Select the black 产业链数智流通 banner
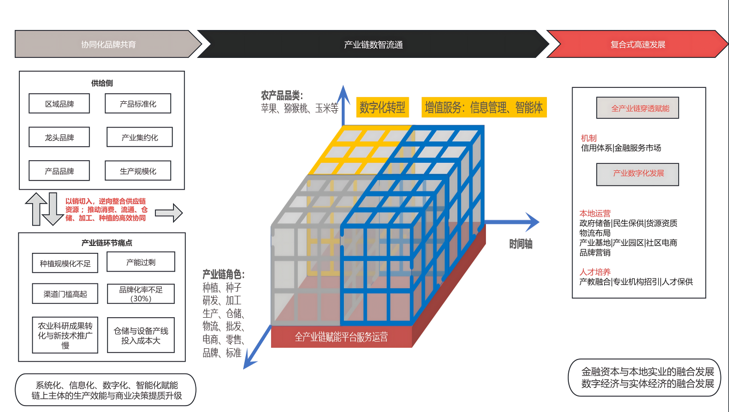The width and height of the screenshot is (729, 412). tap(373, 44)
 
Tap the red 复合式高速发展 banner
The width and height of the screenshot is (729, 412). tap(637, 44)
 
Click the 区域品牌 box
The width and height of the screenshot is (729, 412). tap(59, 104)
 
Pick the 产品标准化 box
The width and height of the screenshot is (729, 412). tap(138, 104)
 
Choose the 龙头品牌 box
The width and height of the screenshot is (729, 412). tap(59, 138)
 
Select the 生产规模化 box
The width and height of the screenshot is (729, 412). tap(138, 171)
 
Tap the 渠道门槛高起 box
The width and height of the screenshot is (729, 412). tap(65, 294)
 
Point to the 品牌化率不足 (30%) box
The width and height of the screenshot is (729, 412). tap(141, 294)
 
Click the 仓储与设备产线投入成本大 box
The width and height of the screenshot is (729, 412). tap(141, 336)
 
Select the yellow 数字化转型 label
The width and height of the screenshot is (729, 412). tap(382, 107)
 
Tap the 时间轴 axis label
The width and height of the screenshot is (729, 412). tap(521, 244)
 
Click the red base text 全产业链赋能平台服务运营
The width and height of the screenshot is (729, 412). tap(341, 337)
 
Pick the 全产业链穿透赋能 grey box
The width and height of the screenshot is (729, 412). tap(637, 108)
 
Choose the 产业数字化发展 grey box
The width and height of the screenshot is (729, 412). tap(638, 174)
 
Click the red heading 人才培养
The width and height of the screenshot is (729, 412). tap(595, 272)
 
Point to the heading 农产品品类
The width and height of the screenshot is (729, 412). tap(282, 96)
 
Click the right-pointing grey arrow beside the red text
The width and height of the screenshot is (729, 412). tap(169, 213)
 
